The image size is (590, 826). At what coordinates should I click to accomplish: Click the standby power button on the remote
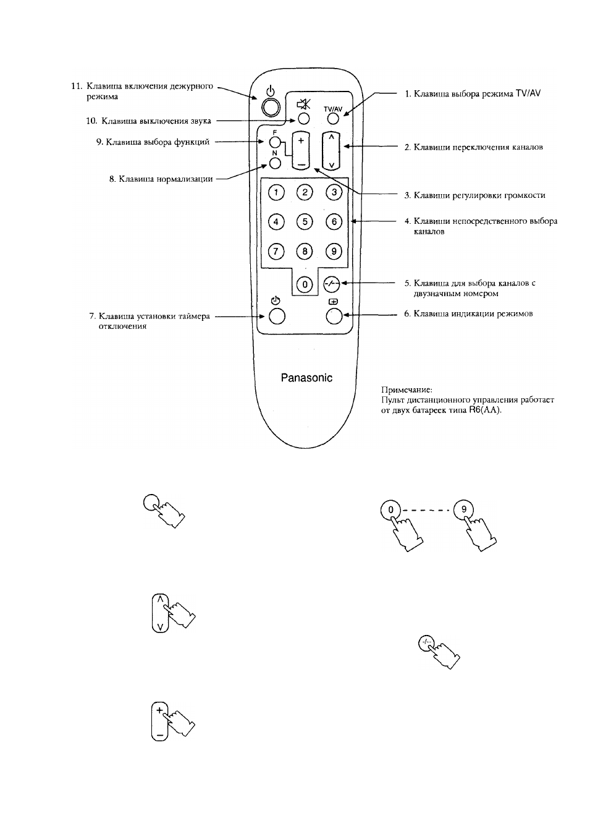pos(271,108)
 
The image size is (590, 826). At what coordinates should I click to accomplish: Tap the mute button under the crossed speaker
pos(303,118)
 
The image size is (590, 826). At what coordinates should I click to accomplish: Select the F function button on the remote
pos(275,142)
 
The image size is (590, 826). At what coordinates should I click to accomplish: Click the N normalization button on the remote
pos(275,163)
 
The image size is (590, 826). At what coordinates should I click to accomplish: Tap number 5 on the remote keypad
pos(305,221)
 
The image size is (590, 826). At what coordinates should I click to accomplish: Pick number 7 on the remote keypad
pos(276,252)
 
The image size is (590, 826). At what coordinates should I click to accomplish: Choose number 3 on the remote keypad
pos(334,192)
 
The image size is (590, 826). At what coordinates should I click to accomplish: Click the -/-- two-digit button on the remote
pos(331,284)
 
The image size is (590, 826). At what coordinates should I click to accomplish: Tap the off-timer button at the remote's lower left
pos(277,317)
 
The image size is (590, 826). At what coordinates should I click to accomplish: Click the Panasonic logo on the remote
pos(306,378)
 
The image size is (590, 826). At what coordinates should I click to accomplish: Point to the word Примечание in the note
pos(407,390)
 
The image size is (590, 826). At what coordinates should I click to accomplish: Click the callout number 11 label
pos(76,86)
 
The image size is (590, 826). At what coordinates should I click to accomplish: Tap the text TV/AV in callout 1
pos(528,93)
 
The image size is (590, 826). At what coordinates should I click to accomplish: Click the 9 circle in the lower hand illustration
pos(463,509)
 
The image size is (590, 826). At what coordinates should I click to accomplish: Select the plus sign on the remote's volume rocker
pos(301,140)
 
